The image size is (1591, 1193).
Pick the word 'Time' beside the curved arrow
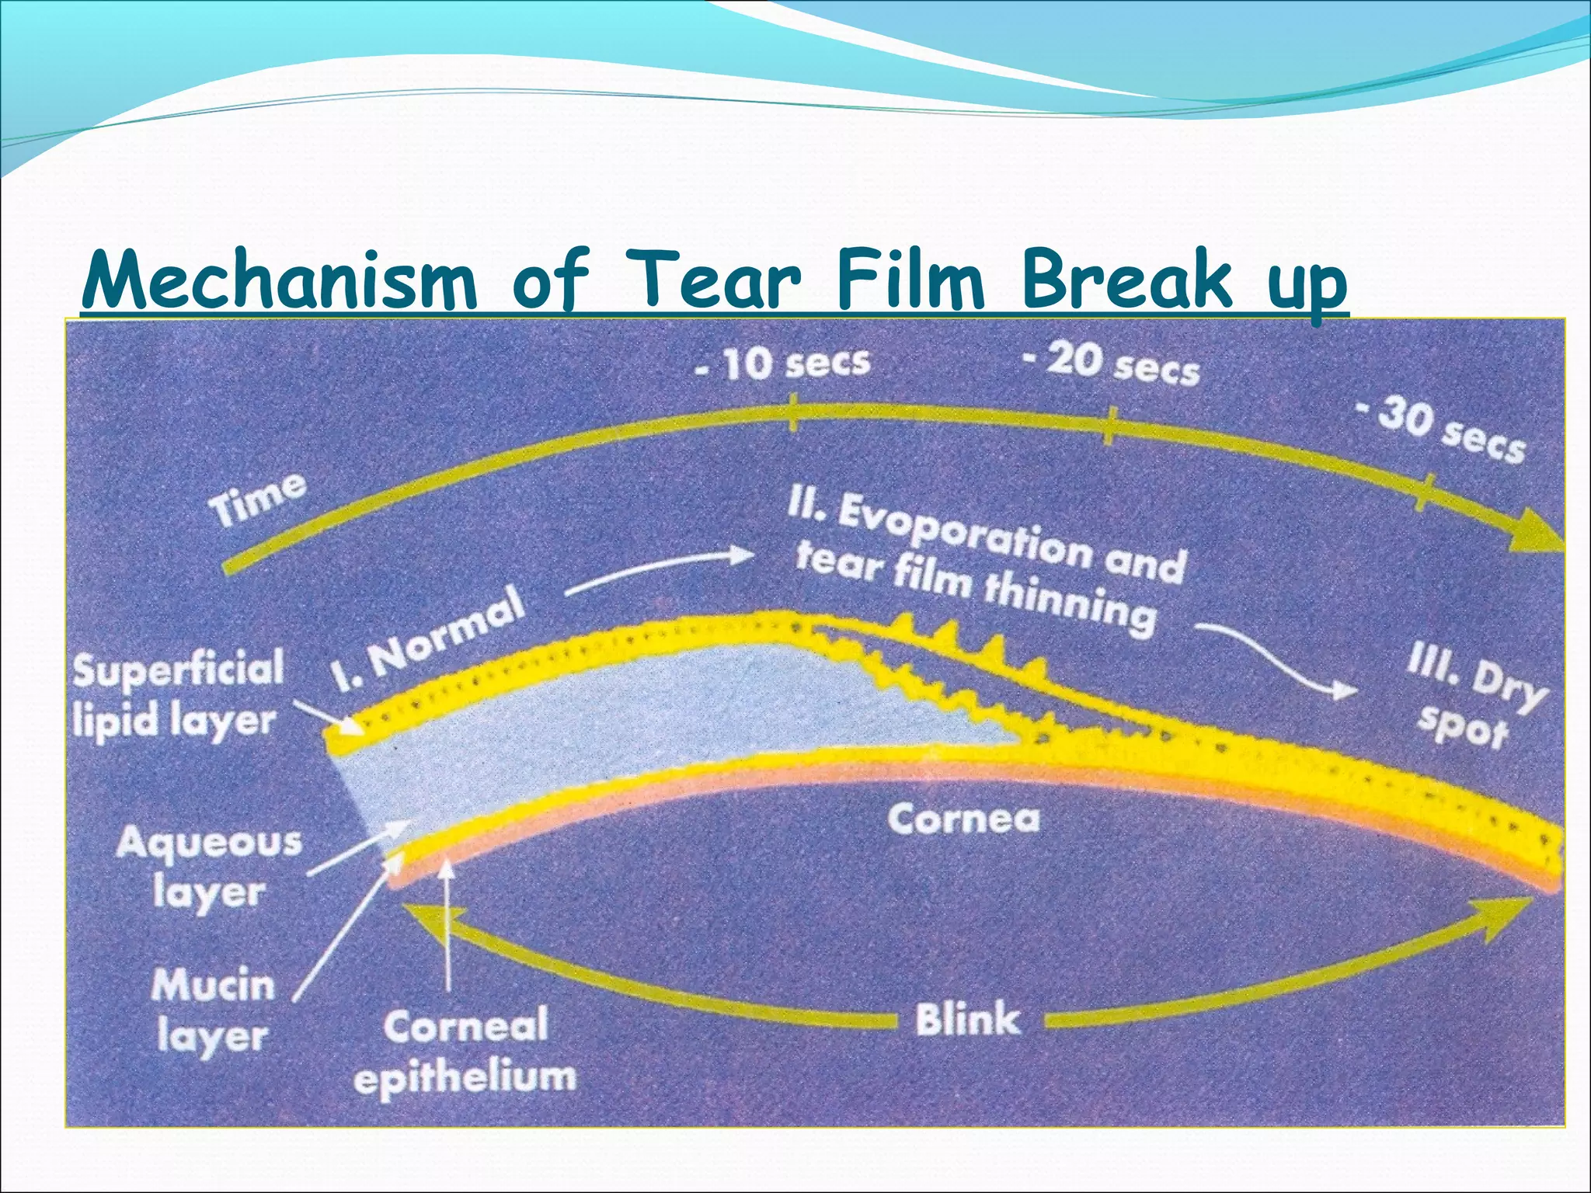(x=259, y=499)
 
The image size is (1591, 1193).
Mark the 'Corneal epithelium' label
(x=465, y=1051)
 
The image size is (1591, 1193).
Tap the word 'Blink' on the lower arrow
(x=967, y=1019)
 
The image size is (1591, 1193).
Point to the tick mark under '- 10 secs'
(x=792, y=412)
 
